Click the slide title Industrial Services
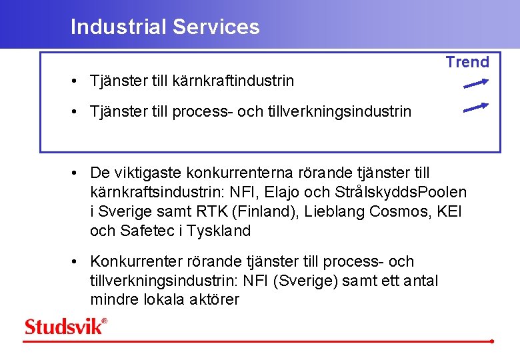point(165,27)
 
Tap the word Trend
point(467,62)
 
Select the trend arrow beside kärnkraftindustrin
point(476,83)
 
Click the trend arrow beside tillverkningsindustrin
point(476,107)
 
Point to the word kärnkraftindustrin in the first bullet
point(233,81)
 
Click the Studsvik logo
point(65,326)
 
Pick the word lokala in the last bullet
point(164,300)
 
